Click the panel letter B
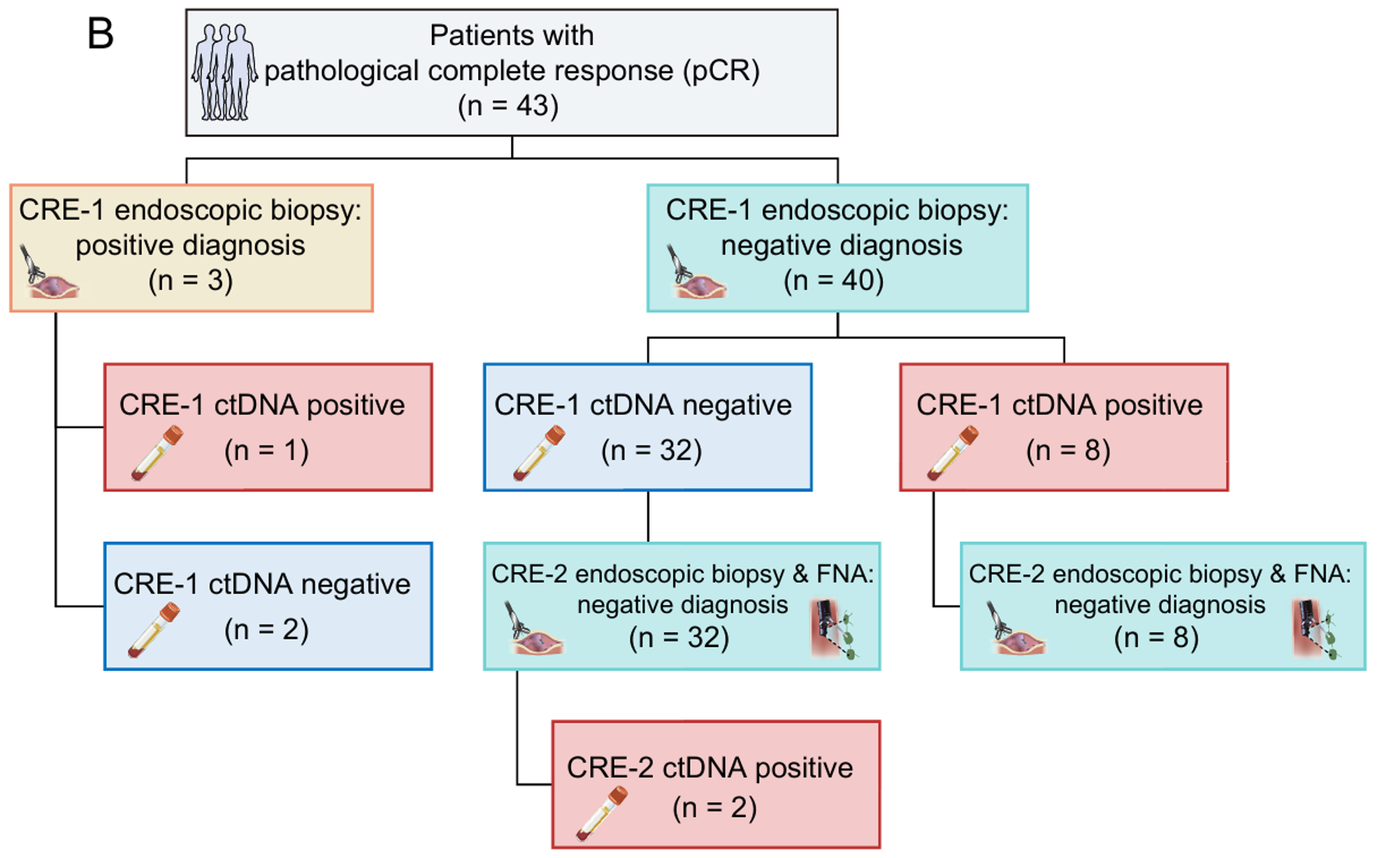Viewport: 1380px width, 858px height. tap(101, 34)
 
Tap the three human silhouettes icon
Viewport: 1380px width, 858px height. tap(224, 72)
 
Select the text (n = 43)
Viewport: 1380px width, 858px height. tap(508, 105)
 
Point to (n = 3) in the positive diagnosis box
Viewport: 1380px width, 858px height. tap(190, 280)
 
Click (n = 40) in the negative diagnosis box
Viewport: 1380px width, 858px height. tap(833, 280)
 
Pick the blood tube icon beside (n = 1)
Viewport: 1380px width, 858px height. tap(157, 453)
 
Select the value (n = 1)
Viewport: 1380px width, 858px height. tap(267, 450)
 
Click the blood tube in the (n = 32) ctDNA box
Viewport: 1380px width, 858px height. tap(538, 453)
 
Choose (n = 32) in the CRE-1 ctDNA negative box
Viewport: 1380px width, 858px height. tap(651, 450)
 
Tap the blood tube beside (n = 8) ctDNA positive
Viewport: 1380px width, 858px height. tap(952, 453)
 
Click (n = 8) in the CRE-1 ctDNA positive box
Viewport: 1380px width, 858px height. tap(1068, 450)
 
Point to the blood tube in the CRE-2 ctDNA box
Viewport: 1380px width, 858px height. tap(602, 813)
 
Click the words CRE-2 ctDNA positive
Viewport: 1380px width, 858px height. tap(710, 767)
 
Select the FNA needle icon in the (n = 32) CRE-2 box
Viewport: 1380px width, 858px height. tap(835, 629)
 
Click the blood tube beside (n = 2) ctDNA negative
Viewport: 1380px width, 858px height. tap(155, 630)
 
